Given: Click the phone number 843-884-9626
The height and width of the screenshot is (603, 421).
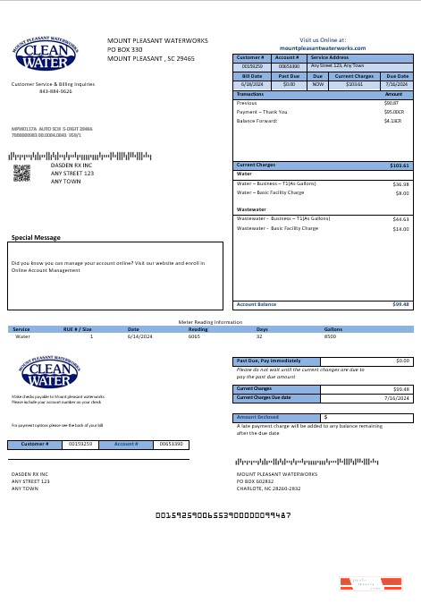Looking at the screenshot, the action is (x=55, y=91).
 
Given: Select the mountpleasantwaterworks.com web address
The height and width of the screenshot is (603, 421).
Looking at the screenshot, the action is (x=323, y=47).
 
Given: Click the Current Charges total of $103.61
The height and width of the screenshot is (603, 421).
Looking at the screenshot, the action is (x=400, y=166).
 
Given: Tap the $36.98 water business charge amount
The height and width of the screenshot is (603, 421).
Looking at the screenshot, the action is (x=400, y=184).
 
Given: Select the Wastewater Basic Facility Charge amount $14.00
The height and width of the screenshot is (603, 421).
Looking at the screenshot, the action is (x=400, y=229).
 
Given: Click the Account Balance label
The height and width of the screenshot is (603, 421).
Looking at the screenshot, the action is (x=255, y=304).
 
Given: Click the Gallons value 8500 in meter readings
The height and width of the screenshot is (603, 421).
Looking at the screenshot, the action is (x=330, y=336).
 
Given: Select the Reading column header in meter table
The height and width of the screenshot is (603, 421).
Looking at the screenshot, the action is (x=198, y=329).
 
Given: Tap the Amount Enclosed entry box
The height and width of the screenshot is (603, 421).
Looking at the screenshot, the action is (x=367, y=417).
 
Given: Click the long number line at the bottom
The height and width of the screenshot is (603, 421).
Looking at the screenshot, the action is (x=223, y=516).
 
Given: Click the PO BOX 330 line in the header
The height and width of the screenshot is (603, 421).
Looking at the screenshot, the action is (x=125, y=49).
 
